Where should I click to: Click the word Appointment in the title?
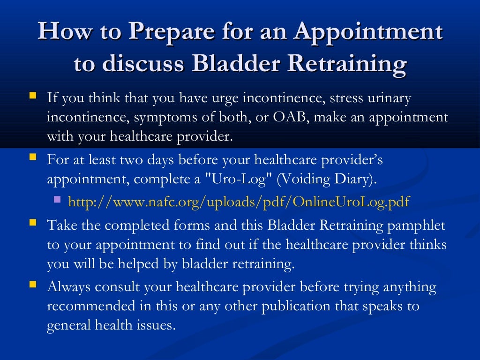369,33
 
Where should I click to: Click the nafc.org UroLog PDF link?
239,202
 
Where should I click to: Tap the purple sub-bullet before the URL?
57,199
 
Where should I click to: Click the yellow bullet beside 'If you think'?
32,96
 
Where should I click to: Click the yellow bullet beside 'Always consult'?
32,284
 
